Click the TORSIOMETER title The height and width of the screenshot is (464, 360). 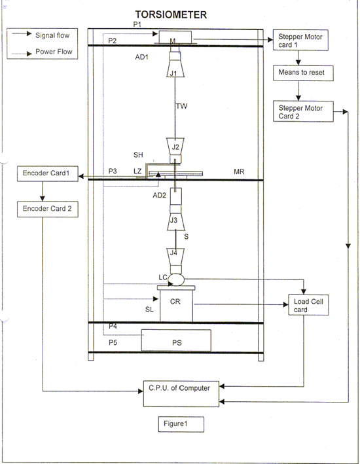(171, 15)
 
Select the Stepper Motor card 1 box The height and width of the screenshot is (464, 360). (300, 40)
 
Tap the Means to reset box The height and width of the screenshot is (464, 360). (303, 73)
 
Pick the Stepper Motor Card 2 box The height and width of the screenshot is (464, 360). (303, 111)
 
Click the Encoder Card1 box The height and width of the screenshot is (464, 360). (48, 173)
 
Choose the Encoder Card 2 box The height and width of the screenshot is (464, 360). (48, 209)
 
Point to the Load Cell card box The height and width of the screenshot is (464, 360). (308, 305)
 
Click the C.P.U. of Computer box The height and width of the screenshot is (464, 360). (181, 394)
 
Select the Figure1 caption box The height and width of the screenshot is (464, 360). (181, 424)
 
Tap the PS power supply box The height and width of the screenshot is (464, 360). (176, 340)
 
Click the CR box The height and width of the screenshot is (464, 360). (176, 304)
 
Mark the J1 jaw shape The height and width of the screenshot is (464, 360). (175, 69)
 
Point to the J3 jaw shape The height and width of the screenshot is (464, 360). (175, 221)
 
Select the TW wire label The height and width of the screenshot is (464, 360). (181, 106)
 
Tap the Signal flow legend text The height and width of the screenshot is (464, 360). (52, 35)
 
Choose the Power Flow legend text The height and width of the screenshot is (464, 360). (54, 52)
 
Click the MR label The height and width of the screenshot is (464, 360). (239, 171)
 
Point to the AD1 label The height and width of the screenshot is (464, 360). (141, 57)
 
